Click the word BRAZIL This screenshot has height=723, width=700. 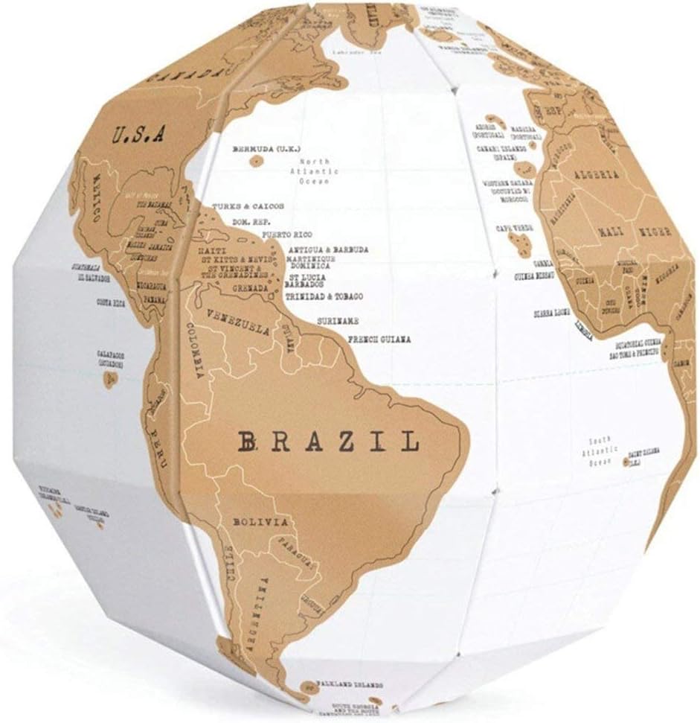point(330,443)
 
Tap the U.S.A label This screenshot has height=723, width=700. point(140,135)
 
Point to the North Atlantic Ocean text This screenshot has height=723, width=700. point(319,171)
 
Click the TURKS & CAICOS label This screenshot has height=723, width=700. point(248,206)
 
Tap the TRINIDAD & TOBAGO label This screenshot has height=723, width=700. point(324,296)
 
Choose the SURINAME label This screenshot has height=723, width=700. point(338,320)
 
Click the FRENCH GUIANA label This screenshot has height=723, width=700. point(379,340)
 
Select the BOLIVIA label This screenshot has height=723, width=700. point(260,522)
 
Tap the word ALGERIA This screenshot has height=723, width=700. point(596,174)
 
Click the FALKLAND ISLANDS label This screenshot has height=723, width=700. point(350,683)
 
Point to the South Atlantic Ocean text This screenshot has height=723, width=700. point(600,451)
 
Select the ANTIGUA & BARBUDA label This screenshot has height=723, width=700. point(328,249)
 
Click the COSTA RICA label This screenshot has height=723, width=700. point(111,303)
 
